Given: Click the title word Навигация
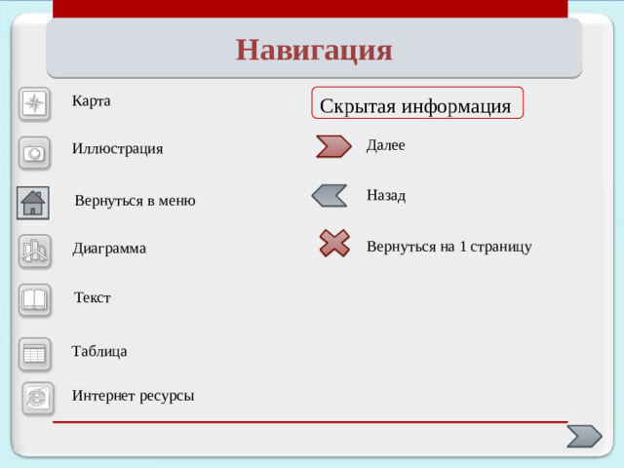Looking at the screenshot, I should click(313, 49).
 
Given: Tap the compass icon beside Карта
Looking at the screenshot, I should click(34, 104).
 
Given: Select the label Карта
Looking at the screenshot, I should click(91, 100).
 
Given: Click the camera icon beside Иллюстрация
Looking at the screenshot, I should click(34, 153).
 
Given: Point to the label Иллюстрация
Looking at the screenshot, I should click(117, 148).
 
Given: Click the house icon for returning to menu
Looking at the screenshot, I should click(33, 202).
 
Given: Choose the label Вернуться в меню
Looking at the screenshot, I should click(135, 201).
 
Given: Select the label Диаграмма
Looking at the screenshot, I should click(109, 249).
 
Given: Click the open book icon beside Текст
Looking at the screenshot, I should click(35, 299).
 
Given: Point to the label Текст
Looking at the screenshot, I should click(93, 297).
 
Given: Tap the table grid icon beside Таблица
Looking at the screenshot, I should click(35, 353).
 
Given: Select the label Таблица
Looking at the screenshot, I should click(99, 351).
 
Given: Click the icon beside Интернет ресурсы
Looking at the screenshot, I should click(37, 397).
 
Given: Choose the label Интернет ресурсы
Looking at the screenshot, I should click(133, 395).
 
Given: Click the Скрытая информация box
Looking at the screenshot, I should click(416, 103).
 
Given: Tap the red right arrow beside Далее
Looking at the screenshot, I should click(333, 146).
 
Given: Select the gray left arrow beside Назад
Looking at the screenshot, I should click(330, 195).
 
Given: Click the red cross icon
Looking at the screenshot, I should click(334, 243).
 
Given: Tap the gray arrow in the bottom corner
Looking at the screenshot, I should click(584, 436).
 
